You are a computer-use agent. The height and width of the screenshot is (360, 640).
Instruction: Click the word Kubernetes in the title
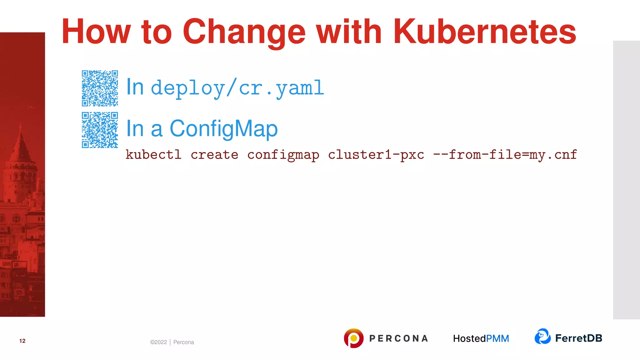pyautogui.click(x=484, y=32)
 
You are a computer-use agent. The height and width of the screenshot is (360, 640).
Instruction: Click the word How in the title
pyautogui.click(x=96, y=32)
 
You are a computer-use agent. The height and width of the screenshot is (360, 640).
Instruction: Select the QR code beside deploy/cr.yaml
pyautogui.click(x=100, y=88)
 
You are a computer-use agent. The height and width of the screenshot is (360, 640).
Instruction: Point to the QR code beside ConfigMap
pyautogui.click(x=100, y=130)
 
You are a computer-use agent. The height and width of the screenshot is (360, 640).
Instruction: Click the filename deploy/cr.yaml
pyautogui.click(x=237, y=88)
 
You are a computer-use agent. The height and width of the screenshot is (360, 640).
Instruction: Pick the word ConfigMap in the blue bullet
pyautogui.click(x=223, y=128)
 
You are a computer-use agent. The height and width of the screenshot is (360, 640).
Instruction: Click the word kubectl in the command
pyautogui.click(x=153, y=155)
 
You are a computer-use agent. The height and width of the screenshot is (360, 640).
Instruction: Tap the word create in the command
pyautogui.click(x=214, y=155)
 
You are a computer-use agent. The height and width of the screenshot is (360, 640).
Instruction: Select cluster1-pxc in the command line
pyautogui.click(x=376, y=155)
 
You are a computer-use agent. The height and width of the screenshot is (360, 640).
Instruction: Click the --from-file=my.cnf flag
pyautogui.click(x=505, y=155)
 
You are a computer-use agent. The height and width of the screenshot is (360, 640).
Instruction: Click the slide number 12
pyautogui.click(x=22, y=341)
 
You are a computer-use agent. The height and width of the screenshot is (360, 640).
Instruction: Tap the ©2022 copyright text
pyautogui.click(x=158, y=342)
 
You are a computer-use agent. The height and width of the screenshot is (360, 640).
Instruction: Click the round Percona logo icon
pyautogui.click(x=353, y=338)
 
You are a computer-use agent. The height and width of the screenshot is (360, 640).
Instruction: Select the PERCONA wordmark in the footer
pyautogui.click(x=398, y=338)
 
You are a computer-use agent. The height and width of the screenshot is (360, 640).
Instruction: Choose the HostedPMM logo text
pyautogui.click(x=481, y=338)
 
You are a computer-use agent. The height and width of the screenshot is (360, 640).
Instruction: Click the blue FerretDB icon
pyautogui.click(x=542, y=337)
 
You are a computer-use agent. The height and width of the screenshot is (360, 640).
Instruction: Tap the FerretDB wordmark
pyautogui.click(x=578, y=338)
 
